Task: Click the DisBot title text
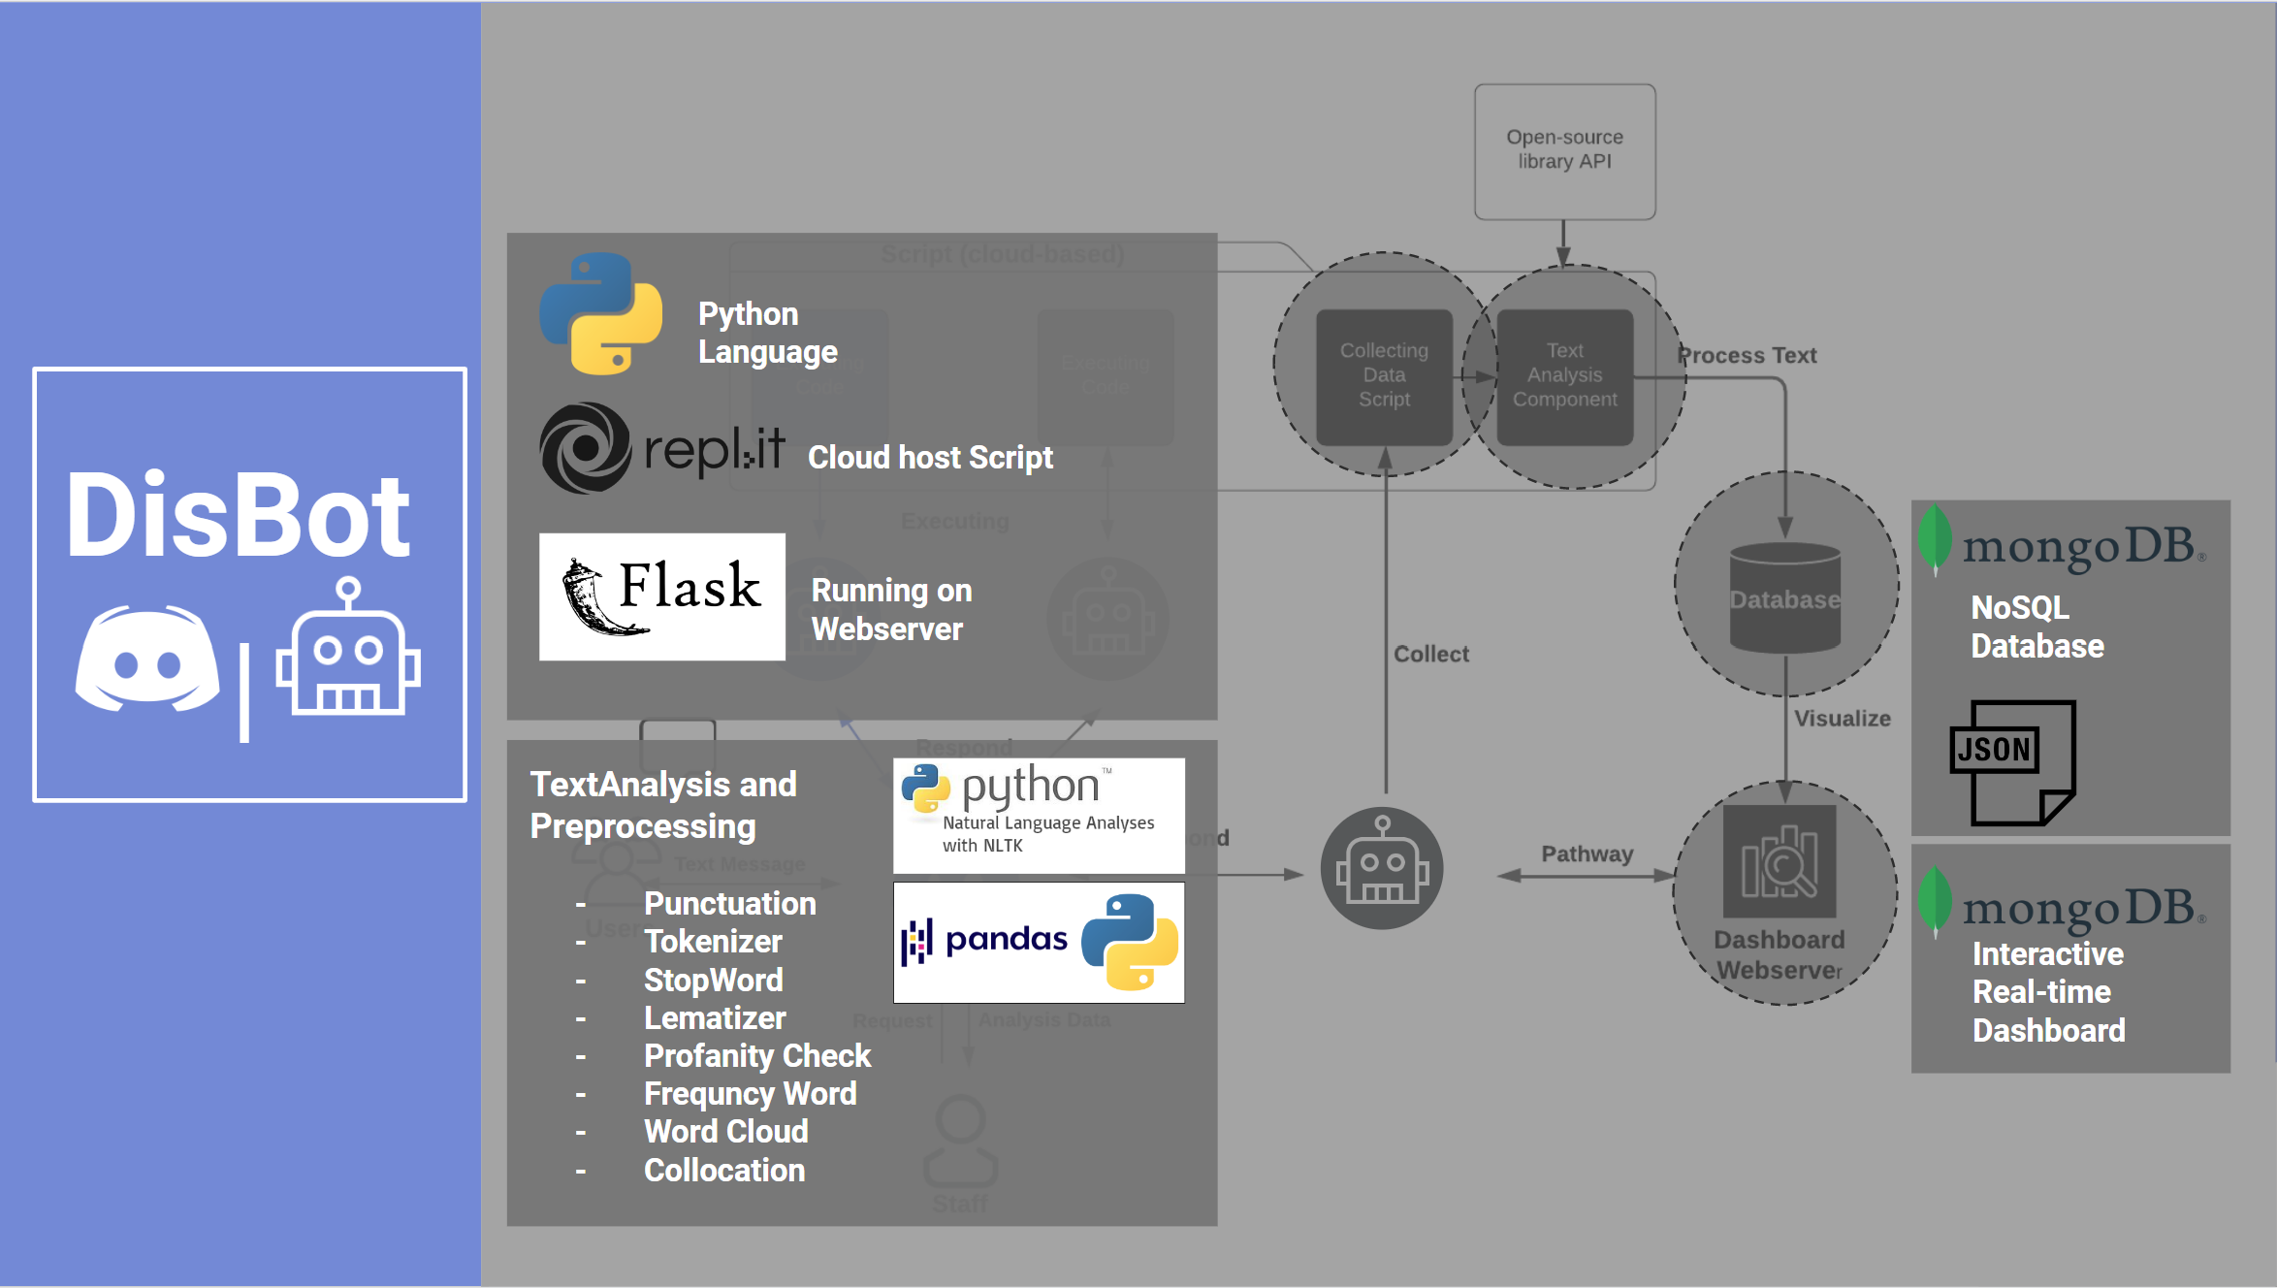pyautogui.click(x=238, y=516)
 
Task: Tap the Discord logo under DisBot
pyautogui.click(x=147, y=660)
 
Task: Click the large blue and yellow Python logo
pyautogui.click(x=601, y=313)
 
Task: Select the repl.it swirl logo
pyautogui.click(x=585, y=448)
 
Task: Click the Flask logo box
pyautogui.click(x=662, y=596)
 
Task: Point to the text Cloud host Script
pyautogui.click(x=929, y=457)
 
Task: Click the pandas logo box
pyautogui.click(x=1039, y=942)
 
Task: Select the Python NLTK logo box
pyautogui.click(x=1039, y=815)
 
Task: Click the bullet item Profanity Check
pyautogui.click(x=756, y=1055)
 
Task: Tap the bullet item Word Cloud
pyautogui.click(x=725, y=1131)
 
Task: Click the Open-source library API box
pyautogui.click(x=1564, y=151)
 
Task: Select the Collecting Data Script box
pyautogui.click(x=1384, y=376)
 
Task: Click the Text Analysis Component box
pyautogui.click(x=1564, y=376)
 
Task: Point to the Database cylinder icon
pyautogui.click(x=1785, y=597)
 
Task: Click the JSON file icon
pyautogui.click(x=2012, y=763)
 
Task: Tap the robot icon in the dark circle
pyautogui.click(x=1382, y=867)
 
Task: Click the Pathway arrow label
pyautogui.click(x=1587, y=853)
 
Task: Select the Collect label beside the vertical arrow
pyautogui.click(x=1430, y=654)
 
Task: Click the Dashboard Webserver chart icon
pyautogui.click(x=1780, y=861)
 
